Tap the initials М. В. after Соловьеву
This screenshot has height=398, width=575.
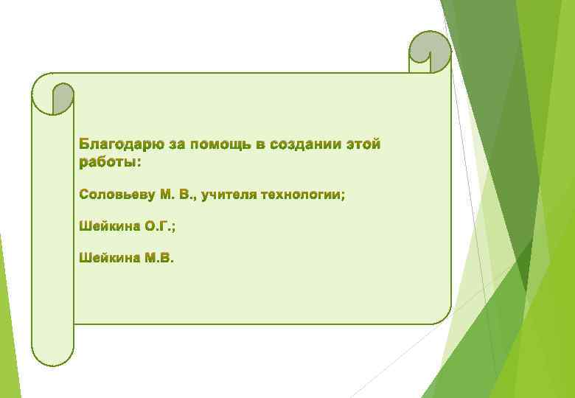[x=177, y=195]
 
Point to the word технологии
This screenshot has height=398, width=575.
[x=301, y=195]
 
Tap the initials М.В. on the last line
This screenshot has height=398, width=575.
[x=159, y=259]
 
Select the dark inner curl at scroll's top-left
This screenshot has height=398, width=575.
[x=63, y=97]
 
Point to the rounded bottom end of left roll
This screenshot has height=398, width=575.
[x=52, y=357]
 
